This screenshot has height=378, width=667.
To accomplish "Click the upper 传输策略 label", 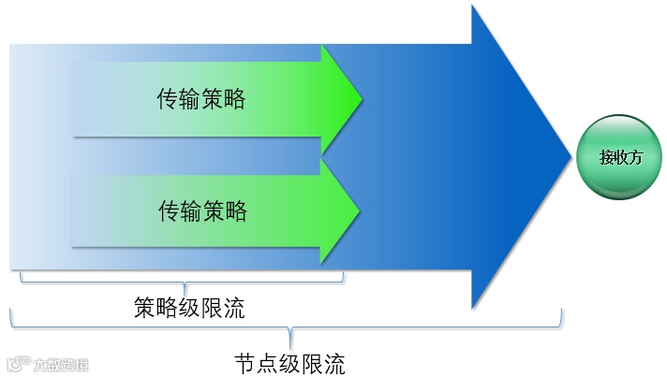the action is pos(201,98).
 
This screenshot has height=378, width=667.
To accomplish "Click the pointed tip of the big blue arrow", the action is pos(571,155).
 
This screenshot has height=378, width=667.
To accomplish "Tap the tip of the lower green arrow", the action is pos(359,208).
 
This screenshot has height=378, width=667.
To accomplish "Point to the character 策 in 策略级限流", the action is pos(145,307).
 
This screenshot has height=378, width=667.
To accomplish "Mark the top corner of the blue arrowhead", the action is pos(473,6).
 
